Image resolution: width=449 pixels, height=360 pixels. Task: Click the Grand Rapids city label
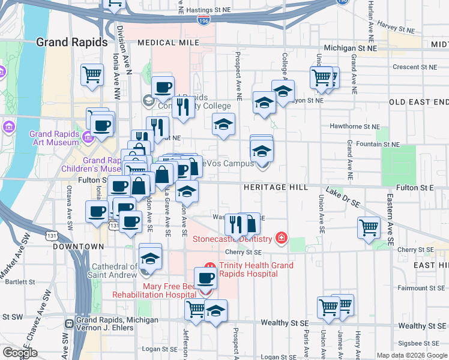click(71, 43)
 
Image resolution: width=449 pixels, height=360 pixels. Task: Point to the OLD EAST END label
click(418, 102)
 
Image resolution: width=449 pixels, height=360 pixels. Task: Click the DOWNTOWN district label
click(79, 247)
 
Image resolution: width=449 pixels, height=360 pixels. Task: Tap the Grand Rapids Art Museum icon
click(8, 128)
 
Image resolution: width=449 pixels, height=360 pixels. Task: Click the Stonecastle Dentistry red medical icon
click(281, 239)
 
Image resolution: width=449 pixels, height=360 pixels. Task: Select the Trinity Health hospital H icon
click(209, 266)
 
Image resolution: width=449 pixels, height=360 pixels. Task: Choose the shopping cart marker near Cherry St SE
click(368, 227)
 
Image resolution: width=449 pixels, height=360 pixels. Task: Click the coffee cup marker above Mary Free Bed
click(206, 278)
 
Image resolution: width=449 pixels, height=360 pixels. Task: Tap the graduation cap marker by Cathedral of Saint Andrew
click(150, 258)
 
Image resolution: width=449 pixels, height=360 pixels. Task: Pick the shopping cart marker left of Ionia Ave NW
click(92, 75)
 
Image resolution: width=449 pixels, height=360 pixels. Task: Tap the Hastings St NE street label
click(208, 10)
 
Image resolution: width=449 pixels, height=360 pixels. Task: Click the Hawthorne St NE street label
click(355, 127)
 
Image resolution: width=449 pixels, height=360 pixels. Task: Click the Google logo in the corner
click(20, 353)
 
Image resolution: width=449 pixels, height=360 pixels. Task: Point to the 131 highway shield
click(113, 226)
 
